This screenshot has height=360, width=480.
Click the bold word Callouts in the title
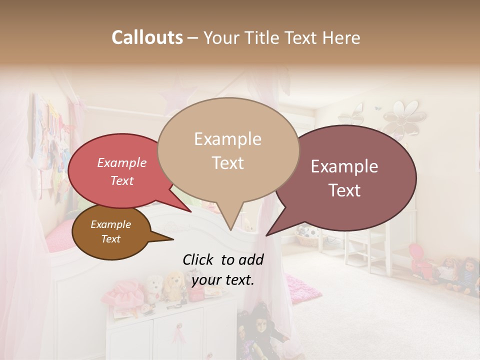[147, 37]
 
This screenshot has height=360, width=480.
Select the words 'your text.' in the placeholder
[222, 280]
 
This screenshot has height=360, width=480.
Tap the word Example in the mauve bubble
[344, 166]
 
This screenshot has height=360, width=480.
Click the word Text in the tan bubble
[228, 162]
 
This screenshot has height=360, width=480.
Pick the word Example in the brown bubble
[110, 224]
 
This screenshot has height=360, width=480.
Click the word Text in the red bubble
[122, 180]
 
